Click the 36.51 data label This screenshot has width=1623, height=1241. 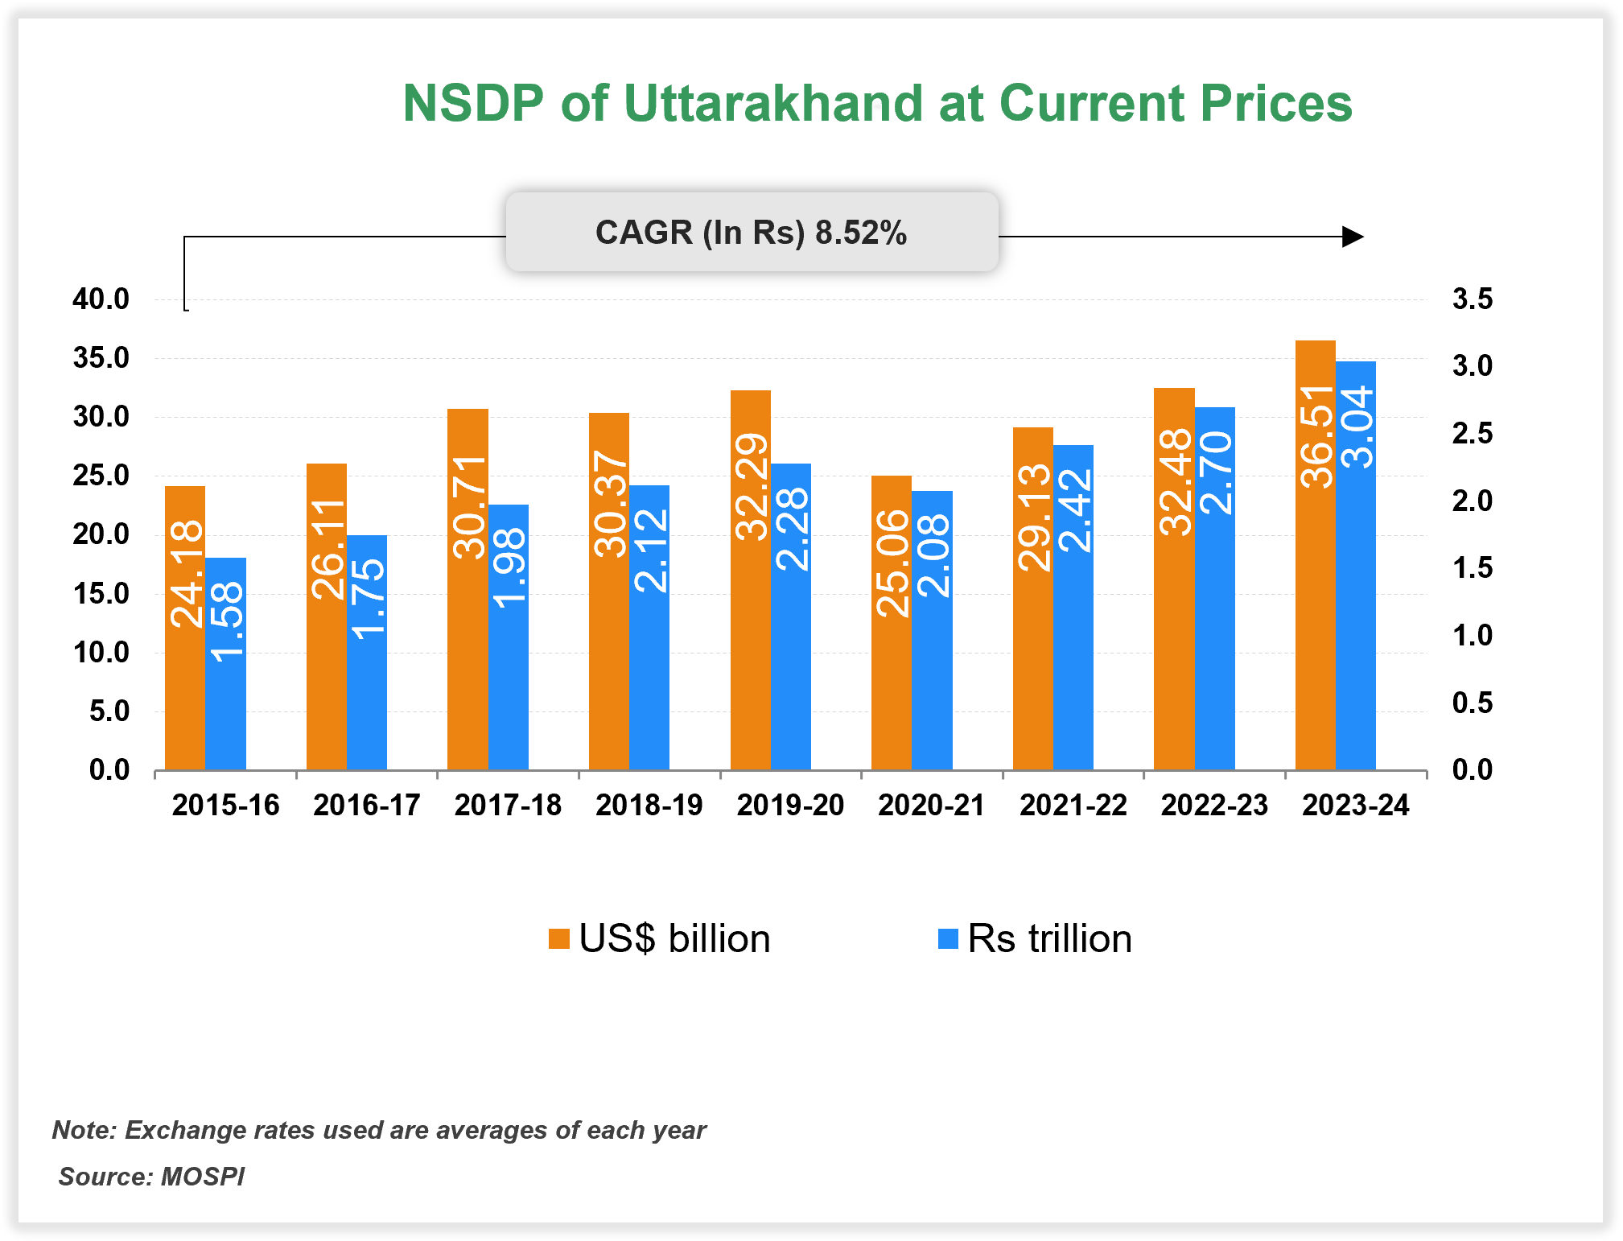click(x=1316, y=436)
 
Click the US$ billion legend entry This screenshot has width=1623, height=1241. click(x=660, y=938)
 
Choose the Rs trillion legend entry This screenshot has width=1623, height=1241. click(x=1036, y=938)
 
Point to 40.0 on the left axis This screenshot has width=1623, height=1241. click(x=101, y=299)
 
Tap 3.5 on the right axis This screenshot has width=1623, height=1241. click(x=1472, y=299)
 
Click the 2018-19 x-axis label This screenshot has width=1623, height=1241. click(x=649, y=805)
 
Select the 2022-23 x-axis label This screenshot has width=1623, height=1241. click(x=1214, y=805)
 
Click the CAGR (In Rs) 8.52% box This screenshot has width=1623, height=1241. click(x=752, y=233)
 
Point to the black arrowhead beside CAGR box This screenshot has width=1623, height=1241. click(x=1353, y=237)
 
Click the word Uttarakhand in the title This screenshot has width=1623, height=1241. click(x=772, y=104)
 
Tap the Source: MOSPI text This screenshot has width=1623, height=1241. click(x=151, y=1177)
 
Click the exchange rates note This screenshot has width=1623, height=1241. click(x=379, y=1130)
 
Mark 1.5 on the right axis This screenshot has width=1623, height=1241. click(x=1472, y=568)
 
